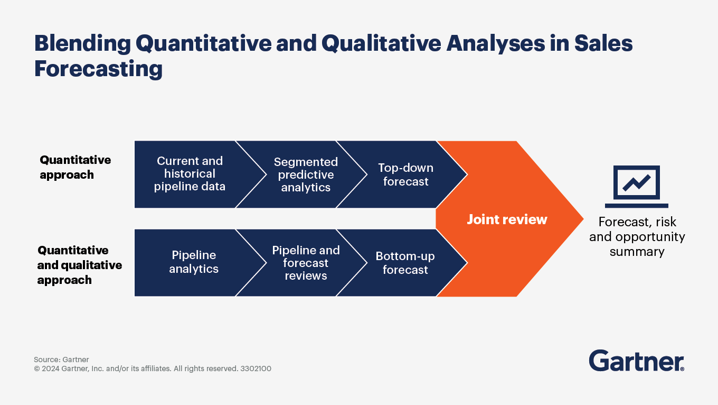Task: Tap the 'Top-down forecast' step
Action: click(x=405, y=174)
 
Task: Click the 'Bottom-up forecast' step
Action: click(x=405, y=263)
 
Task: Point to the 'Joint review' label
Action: click(x=507, y=219)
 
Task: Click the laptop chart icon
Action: click(x=636, y=187)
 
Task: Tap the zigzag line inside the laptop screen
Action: click(x=637, y=183)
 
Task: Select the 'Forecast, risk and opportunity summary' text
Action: click(x=637, y=236)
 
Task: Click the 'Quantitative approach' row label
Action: click(x=75, y=167)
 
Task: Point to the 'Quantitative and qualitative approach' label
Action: click(x=80, y=265)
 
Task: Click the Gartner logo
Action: click(x=637, y=361)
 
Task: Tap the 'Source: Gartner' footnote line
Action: click(x=61, y=360)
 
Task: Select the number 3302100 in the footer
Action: click(x=256, y=369)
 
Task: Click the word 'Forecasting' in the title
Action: click(x=98, y=69)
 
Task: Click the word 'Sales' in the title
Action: click(x=603, y=43)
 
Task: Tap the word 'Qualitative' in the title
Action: click(x=381, y=43)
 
